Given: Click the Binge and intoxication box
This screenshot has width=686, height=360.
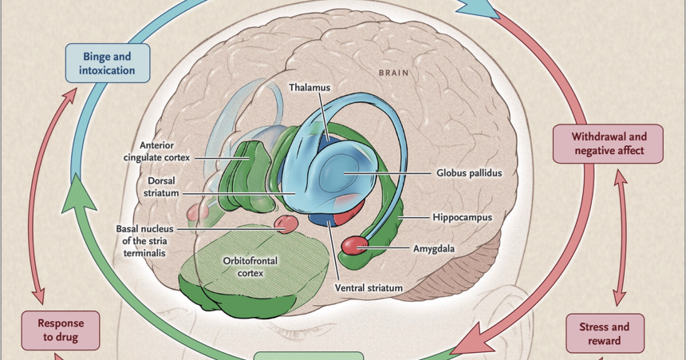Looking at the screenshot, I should coord(108,63).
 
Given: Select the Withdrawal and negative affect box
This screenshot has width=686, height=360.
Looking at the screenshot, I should coord(608,144).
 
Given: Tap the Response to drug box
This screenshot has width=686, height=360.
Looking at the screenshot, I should coord(60,330).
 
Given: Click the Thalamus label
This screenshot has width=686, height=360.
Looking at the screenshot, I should coord(310,88).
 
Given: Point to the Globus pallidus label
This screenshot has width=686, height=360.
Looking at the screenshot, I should coord(469,172).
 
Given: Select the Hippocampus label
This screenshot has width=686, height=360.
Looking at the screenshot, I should coord(462,217).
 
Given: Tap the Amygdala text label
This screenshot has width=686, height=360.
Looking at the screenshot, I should coord(433,248).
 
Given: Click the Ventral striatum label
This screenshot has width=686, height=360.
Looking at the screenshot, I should coord(369,287).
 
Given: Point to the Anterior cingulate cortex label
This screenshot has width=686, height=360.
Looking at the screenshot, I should coord(156,152).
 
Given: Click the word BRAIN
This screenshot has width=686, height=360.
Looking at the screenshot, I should coord(394,73).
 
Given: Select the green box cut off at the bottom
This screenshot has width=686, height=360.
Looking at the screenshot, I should coord(308,355).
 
